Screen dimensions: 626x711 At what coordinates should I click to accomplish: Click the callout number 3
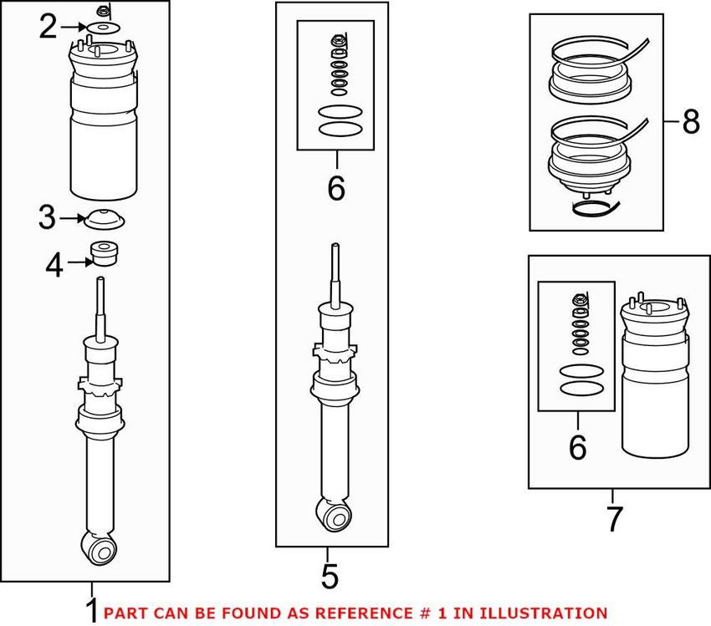pyautogui.click(x=47, y=220)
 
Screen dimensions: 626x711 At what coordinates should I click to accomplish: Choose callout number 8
pyautogui.click(x=690, y=123)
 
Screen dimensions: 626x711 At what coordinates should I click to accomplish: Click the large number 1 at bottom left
pyautogui.click(x=91, y=608)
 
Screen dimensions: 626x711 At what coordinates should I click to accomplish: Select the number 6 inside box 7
pyautogui.click(x=577, y=447)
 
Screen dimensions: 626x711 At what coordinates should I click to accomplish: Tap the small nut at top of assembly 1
pyautogui.click(x=102, y=11)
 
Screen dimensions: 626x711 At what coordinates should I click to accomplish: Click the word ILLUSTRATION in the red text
pyautogui.click(x=543, y=613)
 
